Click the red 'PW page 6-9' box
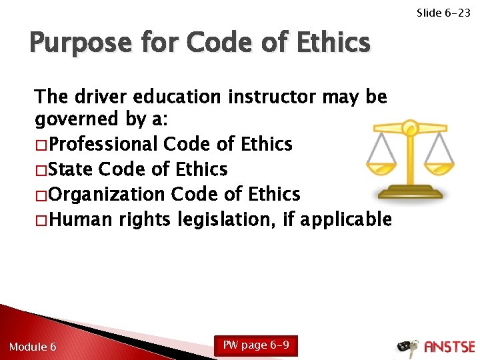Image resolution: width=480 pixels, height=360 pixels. (255, 345)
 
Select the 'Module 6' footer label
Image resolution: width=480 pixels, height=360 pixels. (33, 347)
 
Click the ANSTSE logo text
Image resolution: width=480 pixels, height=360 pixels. (449, 347)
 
